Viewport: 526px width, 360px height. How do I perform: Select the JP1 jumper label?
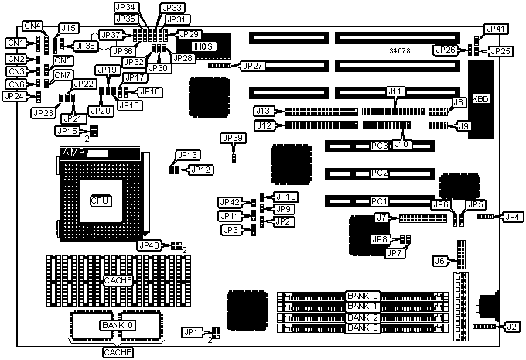click(191, 333)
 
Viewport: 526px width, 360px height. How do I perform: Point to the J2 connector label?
click(511, 326)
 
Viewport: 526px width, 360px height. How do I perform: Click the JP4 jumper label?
click(512, 217)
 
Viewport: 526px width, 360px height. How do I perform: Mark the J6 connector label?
click(440, 261)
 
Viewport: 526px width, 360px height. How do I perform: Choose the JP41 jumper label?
click(496, 29)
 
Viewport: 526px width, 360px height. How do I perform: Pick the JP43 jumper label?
click(149, 245)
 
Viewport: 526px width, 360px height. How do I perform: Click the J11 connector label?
click(396, 92)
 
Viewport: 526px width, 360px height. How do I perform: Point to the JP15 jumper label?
click(67, 131)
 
